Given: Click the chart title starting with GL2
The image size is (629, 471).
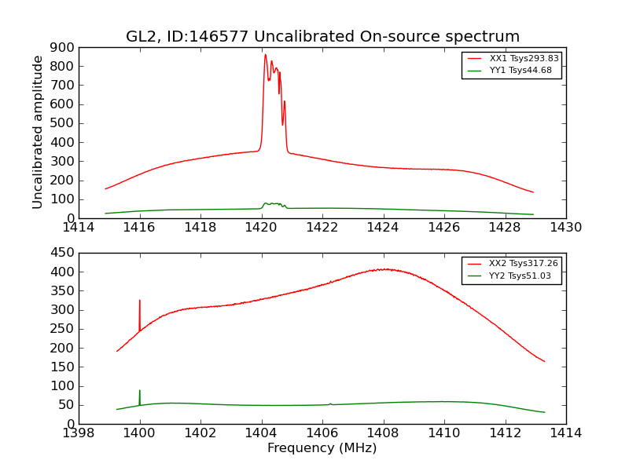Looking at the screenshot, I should click(322, 36).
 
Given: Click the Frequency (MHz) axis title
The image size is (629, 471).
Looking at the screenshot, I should click(322, 448).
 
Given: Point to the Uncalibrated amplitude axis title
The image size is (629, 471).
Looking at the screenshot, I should click(38, 133).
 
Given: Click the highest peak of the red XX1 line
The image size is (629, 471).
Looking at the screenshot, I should click(266, 55).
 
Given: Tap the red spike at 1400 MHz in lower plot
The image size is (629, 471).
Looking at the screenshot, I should click(140, 301).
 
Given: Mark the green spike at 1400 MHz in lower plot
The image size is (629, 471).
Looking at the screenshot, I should click(140, 391).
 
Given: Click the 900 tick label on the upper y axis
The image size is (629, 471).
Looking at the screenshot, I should click(64, 47).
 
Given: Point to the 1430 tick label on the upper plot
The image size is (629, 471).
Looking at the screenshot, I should click(565, 228).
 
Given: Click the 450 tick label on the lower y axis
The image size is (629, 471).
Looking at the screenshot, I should click(64, 253).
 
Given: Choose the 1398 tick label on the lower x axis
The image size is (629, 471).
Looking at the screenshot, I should click(79, 433).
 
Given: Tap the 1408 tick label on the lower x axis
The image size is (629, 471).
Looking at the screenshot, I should click(383, 433).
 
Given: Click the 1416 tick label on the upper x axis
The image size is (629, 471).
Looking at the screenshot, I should click(139, 228).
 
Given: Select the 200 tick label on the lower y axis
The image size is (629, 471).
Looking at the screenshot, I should click(64, 348).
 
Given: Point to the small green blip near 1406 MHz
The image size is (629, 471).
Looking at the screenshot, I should click(330, 403).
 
